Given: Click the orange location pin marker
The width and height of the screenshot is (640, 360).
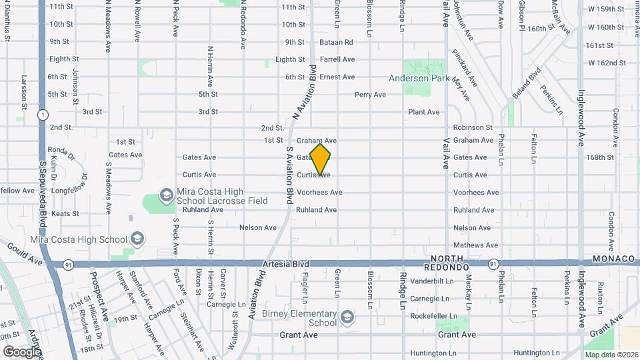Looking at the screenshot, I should [x=321, y=159].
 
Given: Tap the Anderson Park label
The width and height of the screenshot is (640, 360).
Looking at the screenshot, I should [x=419, y=78].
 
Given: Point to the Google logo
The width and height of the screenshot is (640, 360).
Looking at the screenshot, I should [x=21, y=351].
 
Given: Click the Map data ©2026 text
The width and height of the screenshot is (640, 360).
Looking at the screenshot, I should [x=611, y=355].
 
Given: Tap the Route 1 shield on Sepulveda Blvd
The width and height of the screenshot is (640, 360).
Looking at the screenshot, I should [x=42, y=114].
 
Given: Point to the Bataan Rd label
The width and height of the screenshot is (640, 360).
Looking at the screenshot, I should [x=338, y=42].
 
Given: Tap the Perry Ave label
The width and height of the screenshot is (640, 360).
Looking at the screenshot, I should [x=370, y=95].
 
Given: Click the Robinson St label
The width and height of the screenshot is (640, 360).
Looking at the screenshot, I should [x=472, y=127].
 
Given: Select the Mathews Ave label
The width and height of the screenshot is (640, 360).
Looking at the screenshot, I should [x=475, y=245].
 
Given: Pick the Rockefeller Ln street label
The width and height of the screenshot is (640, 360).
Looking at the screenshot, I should [x=433, y=315].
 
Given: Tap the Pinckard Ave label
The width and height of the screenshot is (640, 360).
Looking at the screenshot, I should [x=465, y=68].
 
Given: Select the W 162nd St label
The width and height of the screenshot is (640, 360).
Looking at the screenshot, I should [x=607, y=63].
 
